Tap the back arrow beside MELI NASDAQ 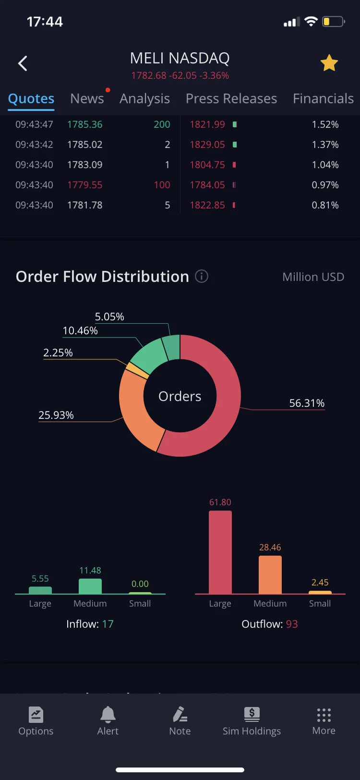click(23, 63)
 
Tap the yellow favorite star click(329, 63)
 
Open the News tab click(87, 98)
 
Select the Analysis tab click(144, 99)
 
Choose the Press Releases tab click(231, 98)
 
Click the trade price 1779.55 click(84, 185)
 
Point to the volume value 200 click(162, 124)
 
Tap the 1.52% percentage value click(325, 124)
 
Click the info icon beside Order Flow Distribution click(202, 277)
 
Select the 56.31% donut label click(307, 403)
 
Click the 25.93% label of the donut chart click(56, 415)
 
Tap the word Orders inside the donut click(180, 396)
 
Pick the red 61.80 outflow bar click(220, 552)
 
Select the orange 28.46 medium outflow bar click(270, 575)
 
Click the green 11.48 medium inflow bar click(90, 586)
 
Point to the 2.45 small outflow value click(320, 582)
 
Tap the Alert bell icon click(108, 715)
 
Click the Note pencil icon click(180, 714)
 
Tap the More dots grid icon click(324, 715)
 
